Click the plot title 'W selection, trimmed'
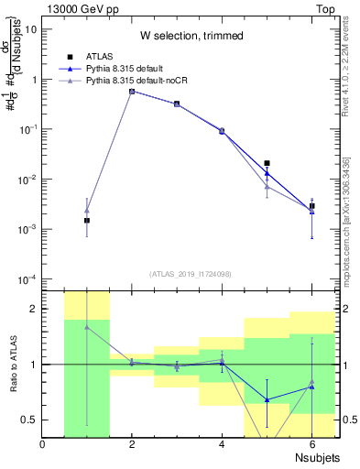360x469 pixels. [191, 36]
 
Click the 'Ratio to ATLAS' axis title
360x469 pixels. [15, 365]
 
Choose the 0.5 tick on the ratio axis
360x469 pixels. [29, 420]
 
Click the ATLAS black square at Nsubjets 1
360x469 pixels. [87, 221]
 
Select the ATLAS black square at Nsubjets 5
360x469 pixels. [267, 163]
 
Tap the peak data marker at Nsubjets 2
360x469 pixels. [132, 92]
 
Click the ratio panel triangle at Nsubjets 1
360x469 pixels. [87, 326]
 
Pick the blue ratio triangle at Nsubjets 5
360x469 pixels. [267, 399]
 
